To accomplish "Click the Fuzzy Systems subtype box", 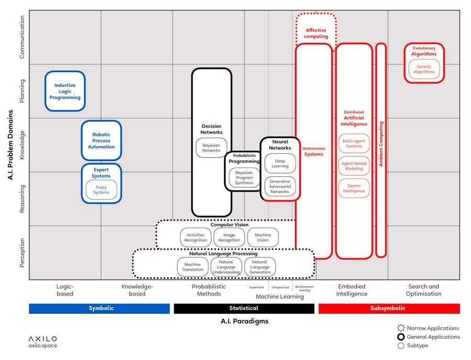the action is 102,189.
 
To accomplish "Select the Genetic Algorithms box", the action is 424,69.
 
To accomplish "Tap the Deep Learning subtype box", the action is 280,164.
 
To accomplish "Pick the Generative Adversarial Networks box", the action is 280,187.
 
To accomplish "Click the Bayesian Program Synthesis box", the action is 244,177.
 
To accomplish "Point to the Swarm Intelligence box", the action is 354,188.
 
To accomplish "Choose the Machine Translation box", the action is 193,267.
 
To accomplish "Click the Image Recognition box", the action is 229,238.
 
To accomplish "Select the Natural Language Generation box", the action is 260,267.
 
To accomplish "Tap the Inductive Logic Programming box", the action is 65,91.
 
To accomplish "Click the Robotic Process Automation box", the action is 101,140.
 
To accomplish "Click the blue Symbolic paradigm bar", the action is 99,308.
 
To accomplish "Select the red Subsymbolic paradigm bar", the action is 389,308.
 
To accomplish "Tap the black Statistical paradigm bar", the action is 244,308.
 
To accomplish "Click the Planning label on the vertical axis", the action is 22,91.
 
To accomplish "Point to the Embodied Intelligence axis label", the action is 352,290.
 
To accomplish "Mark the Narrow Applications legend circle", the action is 401,329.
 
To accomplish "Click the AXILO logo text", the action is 43,339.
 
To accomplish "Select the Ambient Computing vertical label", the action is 381,144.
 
